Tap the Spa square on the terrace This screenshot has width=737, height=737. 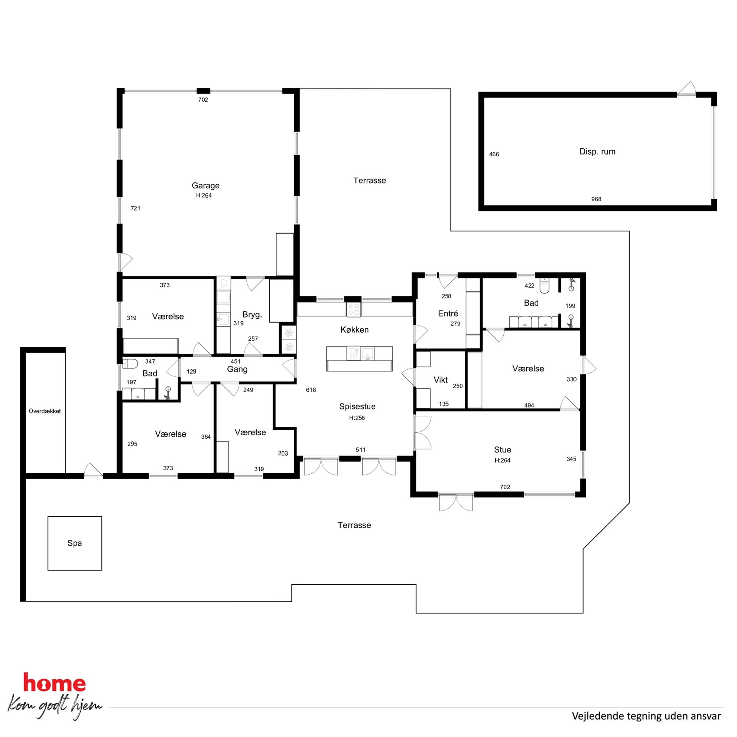tap(75, 543)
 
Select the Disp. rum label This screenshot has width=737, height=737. tap(597, 152)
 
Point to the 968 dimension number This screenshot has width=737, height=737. tap(596, 199)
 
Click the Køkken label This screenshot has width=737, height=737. tap(354, 329)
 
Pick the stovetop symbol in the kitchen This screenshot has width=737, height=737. tap(354, 309)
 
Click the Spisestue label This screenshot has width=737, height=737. tap(357, 407)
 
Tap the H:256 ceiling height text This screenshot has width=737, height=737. tap(357, 418)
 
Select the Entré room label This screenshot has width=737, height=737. tap(448, 314)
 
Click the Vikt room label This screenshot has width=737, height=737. tap(441, 380)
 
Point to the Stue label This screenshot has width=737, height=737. tap(502, 450)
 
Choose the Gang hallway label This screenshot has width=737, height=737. tap(237, 369)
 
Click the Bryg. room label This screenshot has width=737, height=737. tap(252, 315)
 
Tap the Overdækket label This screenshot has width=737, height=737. tap(45, 411)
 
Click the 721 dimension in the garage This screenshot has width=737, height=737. tap(136, 208)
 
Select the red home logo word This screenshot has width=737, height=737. tap(55, 683)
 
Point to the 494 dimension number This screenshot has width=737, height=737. tap(529, 406)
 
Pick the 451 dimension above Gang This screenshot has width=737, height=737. tap(236, 361)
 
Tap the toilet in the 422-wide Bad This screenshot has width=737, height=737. tap(544, 286)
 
